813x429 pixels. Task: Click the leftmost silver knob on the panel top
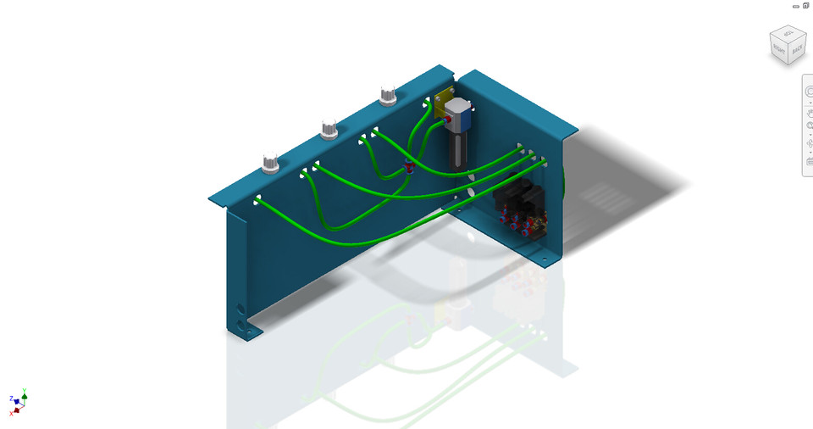tap(270, 164)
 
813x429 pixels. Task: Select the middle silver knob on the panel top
tap(329, 130)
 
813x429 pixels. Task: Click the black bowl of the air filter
tap(457, 153)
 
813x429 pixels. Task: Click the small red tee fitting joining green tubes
tap(408, 166)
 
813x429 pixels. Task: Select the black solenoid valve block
tap(518, 204)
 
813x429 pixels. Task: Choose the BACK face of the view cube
tap(797, 50)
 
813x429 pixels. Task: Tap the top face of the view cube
tap(787, 35)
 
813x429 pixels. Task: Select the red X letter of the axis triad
tap(11, 412)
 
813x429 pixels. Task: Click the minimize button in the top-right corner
tap(796, 6)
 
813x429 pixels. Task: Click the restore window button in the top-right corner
tap(806, 5)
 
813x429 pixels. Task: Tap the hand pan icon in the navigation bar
tap(810, 108)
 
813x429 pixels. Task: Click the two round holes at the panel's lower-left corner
tap(245, 317)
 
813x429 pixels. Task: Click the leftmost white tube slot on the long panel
tap(257, 200)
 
